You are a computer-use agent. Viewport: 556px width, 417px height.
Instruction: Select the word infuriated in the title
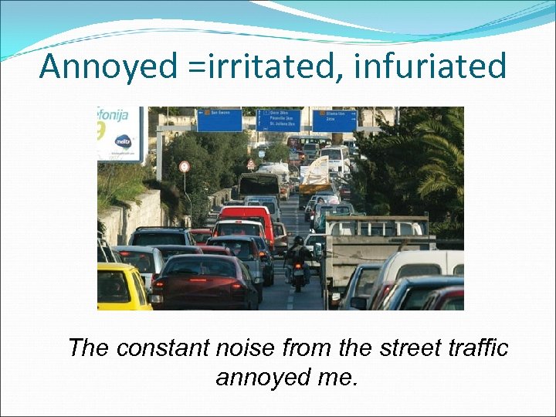[x=430, y=66]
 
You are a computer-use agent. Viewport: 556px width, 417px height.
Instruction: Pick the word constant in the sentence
[x=196, y=348]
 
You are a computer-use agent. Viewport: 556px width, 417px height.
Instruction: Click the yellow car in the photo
[x=122, y=286]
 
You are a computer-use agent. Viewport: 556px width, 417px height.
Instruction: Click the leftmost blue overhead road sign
[x=219, y=120]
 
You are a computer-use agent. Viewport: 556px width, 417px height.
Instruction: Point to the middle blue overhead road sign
[x=278, y=120]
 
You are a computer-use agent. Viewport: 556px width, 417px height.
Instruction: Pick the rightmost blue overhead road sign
[x=334, y=120]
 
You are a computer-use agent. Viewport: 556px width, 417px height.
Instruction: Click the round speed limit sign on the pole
[x=184, y=166]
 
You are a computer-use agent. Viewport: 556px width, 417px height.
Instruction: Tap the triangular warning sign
[x=250, y=164]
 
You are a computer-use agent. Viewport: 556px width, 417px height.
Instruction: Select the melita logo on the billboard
[x=123, y=142]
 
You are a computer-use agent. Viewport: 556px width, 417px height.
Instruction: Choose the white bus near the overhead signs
[x=334, y=158]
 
